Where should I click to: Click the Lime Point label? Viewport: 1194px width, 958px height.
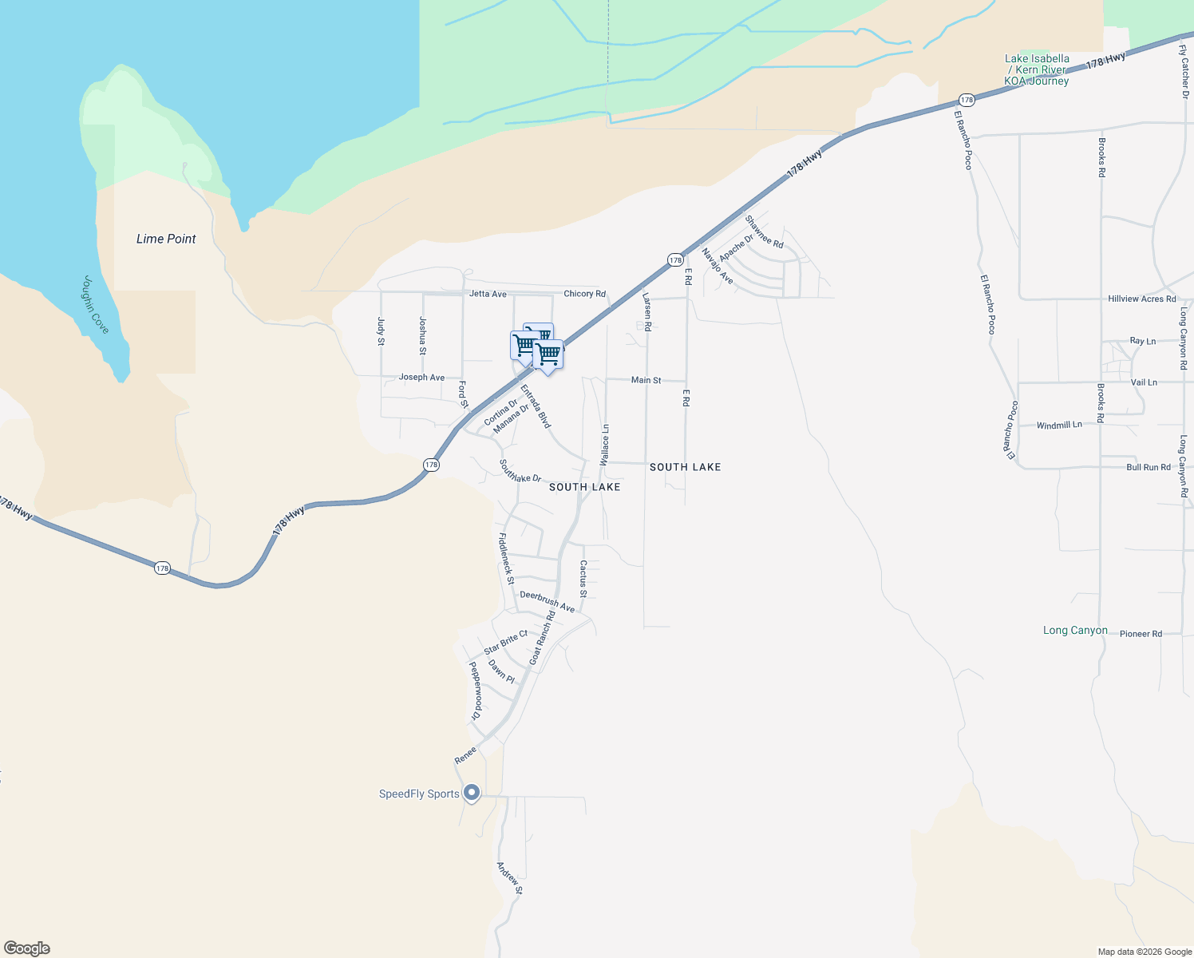pos(166,239)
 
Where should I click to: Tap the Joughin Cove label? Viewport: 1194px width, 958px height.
pos(96,305)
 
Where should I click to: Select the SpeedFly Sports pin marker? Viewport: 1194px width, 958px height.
pos(472,793)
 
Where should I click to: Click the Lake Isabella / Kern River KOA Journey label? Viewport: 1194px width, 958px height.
pos(1037,69)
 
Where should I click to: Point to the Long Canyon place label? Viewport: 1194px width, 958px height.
pos(1075,631)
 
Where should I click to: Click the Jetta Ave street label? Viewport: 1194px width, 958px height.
pos(488,294)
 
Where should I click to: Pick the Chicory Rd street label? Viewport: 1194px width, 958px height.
pos(585,294)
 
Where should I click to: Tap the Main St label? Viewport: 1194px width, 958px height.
pos(646,380)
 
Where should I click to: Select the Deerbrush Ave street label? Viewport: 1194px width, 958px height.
pos(547,601)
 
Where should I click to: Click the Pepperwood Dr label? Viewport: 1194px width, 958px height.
pos(476,691)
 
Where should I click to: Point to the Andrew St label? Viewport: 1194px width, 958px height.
pos(509,878)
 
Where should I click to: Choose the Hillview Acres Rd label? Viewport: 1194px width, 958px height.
pos(1141,299)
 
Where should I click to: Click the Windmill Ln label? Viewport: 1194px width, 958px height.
pos(1059,426)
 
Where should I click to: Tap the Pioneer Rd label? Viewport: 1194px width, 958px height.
pos(1141,634)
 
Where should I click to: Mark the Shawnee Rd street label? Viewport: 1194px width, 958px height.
pos(764,232)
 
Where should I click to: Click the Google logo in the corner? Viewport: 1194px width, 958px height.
pos(27,948)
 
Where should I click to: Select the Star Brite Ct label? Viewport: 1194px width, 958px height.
pos(506,642)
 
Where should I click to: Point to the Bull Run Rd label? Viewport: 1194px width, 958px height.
pos(1148,467)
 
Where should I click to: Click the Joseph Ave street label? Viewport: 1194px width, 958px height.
pos(421,378)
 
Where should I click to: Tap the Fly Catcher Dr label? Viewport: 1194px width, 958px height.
pos(1184,72)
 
